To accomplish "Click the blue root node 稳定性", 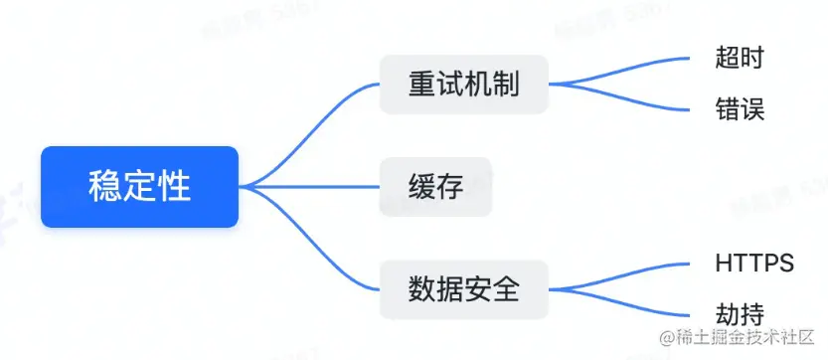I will tap(139, 187).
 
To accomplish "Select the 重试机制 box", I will tap(463, 84).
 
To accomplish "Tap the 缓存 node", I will tap(435, 186).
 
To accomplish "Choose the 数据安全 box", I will tap(463, 289).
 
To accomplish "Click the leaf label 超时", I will tap(740, 57).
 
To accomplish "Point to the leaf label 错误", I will tap(740, 108).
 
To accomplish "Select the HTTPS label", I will tap(754, 264).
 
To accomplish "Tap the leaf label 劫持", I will tap(740, 314).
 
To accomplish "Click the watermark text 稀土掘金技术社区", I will tap(744, 338).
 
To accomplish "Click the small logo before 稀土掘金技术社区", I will tap(658, 338).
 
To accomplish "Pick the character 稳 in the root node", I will tap(104, 187).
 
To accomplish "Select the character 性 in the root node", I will tap(175, 187).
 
